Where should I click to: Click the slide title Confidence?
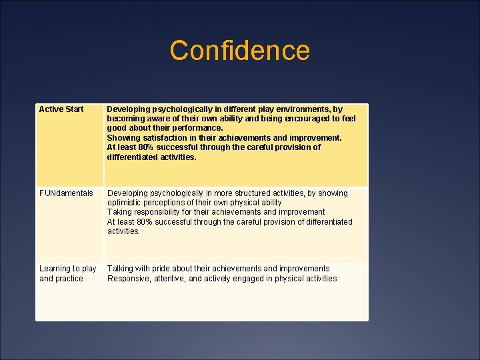(239, 51)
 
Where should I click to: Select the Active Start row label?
(61, 109)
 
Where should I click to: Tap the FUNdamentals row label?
(66, 193)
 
